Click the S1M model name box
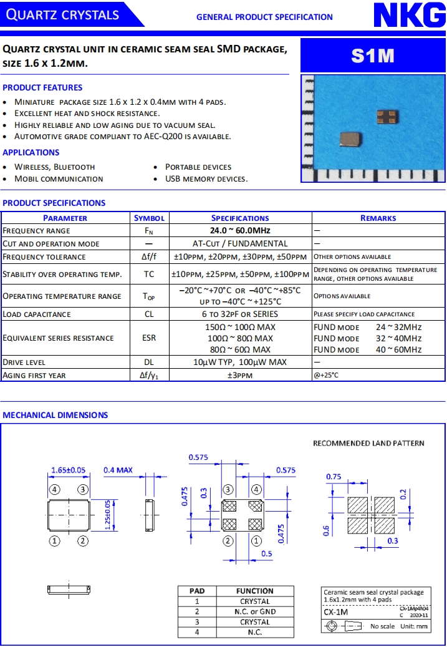373,56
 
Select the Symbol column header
149,218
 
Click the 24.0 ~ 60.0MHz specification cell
240,231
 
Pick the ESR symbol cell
149,338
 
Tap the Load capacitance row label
37,314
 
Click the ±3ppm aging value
240,375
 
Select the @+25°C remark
327,375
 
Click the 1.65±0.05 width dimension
69,470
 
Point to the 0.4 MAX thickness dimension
118,470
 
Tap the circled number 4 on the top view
55,489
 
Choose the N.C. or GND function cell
255,611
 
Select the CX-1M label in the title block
332,612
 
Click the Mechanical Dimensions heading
55,415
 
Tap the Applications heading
31,152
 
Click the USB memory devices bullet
206,178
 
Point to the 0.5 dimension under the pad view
266,553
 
